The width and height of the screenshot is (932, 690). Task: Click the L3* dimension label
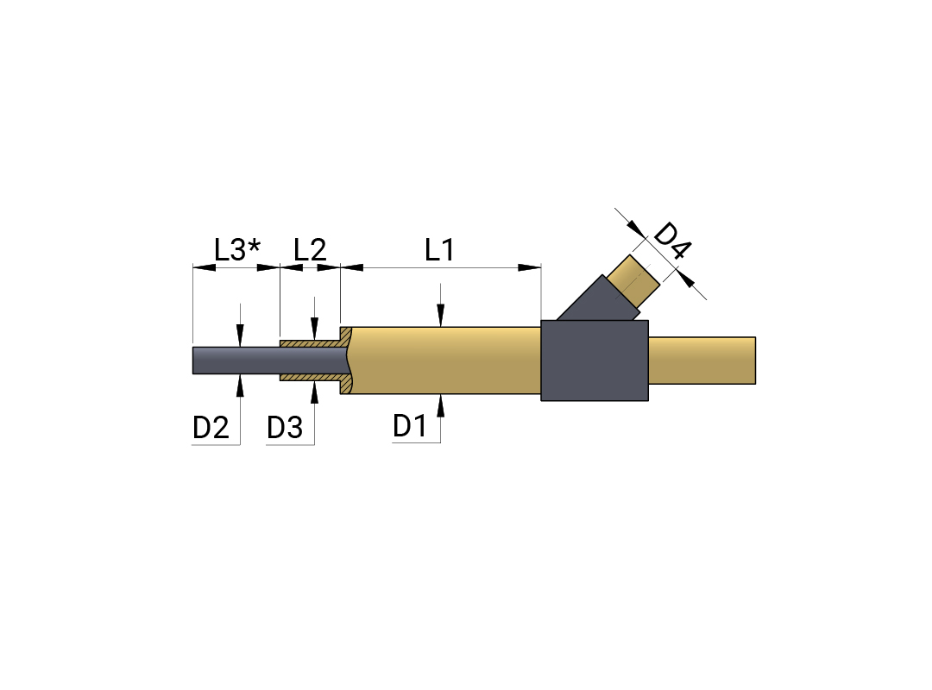click(237, 249)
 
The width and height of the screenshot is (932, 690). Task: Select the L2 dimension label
click(311, 249)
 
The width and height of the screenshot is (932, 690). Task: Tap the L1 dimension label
click(440, 249)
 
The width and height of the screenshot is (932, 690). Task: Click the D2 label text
click(211, 428)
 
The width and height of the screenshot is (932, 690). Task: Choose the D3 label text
click(285, 428)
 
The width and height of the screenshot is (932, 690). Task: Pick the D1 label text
click(410, 425)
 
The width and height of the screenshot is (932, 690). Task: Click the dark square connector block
click(595, 361)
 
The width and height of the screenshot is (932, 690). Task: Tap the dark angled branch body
click(597, 300)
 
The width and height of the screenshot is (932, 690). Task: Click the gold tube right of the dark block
click(702, 361)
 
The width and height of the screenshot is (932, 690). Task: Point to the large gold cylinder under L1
click(446, 361)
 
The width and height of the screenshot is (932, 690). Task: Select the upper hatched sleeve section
click(314, 340)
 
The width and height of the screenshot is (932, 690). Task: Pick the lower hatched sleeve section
click(314, 380)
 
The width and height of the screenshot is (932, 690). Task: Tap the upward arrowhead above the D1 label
click(440, 405)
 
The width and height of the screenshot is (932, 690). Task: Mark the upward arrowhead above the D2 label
click(240, 386)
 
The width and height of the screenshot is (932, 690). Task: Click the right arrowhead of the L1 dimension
click(530, 267)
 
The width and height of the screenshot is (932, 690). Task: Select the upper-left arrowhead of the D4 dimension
click(637, 229)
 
